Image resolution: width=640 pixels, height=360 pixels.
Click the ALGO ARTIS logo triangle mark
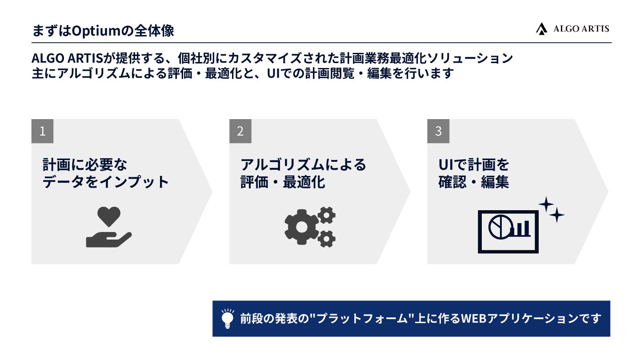click(541, 29)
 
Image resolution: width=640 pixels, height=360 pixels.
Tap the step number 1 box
click(42, 131)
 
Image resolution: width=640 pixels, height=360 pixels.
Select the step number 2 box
click(240, 131)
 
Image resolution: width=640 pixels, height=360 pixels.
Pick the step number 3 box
click(438, 131)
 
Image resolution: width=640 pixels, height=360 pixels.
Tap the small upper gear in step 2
click(327, 215)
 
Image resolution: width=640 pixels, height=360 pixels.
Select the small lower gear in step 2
click(327, 239)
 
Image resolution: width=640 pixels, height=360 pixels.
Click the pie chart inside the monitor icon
click(499, 227)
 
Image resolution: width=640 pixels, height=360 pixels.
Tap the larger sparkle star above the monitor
click(546, 204)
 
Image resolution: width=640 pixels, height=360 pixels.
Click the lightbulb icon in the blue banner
click(228, 319)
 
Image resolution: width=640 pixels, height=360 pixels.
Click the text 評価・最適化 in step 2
click(283, 182)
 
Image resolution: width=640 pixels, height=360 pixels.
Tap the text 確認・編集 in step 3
click(474, 182)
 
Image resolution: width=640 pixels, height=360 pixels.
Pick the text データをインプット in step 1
click(106, 182)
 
